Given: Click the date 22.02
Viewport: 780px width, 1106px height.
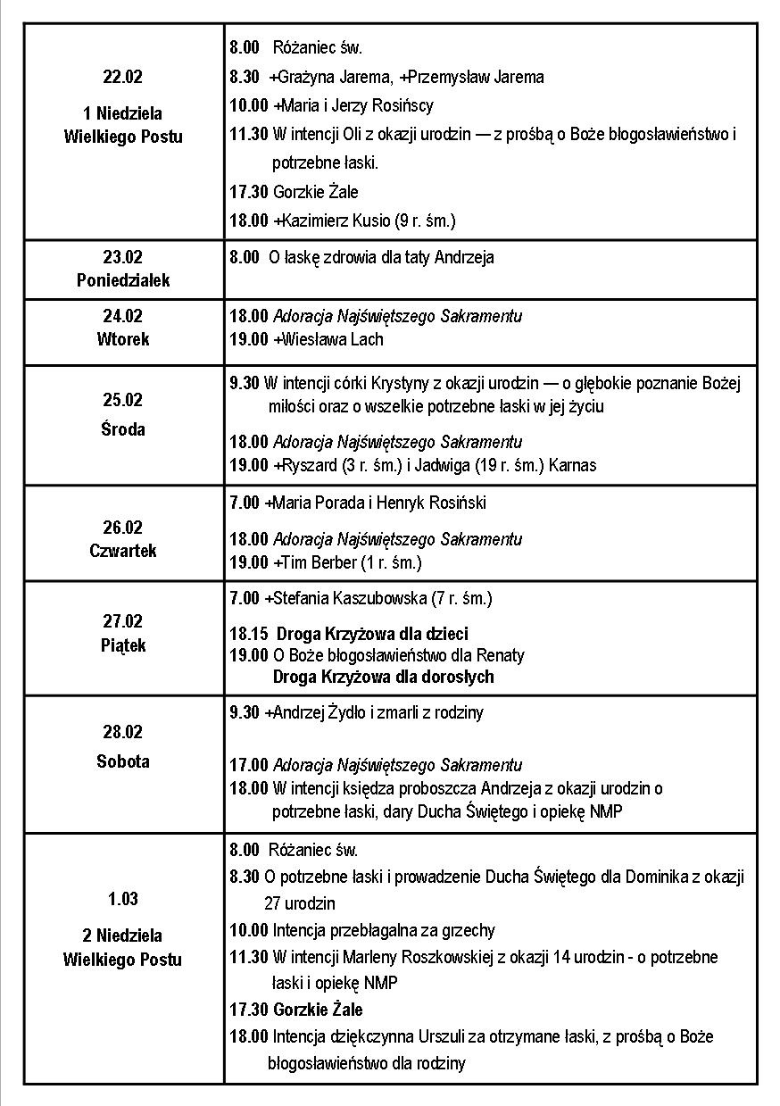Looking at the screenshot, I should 123,77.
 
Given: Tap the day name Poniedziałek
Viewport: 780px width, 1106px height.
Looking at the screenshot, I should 123,280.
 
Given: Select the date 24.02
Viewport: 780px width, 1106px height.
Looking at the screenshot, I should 123,316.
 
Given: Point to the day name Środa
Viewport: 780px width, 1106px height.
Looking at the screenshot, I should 123,429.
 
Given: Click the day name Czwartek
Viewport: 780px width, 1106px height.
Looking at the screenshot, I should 123,551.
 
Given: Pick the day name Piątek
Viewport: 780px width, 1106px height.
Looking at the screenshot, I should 123,645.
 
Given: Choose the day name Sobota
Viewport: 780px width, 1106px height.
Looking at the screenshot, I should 123,761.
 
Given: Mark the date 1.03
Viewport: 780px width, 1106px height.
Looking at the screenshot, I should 123,899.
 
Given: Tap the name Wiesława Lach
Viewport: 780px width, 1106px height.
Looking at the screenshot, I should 332,339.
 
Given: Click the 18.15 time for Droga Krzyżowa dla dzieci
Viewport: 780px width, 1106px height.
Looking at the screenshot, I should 248,635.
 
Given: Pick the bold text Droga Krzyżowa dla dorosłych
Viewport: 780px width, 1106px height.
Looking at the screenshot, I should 383,678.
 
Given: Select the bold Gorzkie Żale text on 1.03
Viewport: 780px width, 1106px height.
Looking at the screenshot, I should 318,1010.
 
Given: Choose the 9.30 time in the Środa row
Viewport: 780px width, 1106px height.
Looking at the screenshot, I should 244,384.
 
